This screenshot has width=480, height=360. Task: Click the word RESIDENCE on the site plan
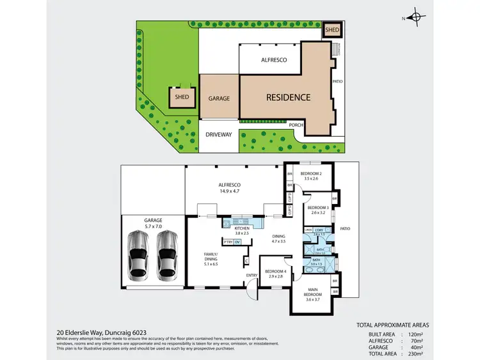coord(288,98)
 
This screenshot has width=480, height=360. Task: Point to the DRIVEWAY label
coord(219,135)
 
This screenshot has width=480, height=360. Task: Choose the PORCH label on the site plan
coord(296,125)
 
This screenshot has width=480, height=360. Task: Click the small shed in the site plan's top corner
coord(333,30)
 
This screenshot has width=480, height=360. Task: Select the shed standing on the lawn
coord(179,98)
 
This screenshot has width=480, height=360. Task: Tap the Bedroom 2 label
coord(310,173)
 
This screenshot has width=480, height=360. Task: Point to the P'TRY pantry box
coord(227,242)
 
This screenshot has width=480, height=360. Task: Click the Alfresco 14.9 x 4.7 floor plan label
coord(228,187)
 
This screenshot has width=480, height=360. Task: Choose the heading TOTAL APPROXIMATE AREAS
coord(393,325)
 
